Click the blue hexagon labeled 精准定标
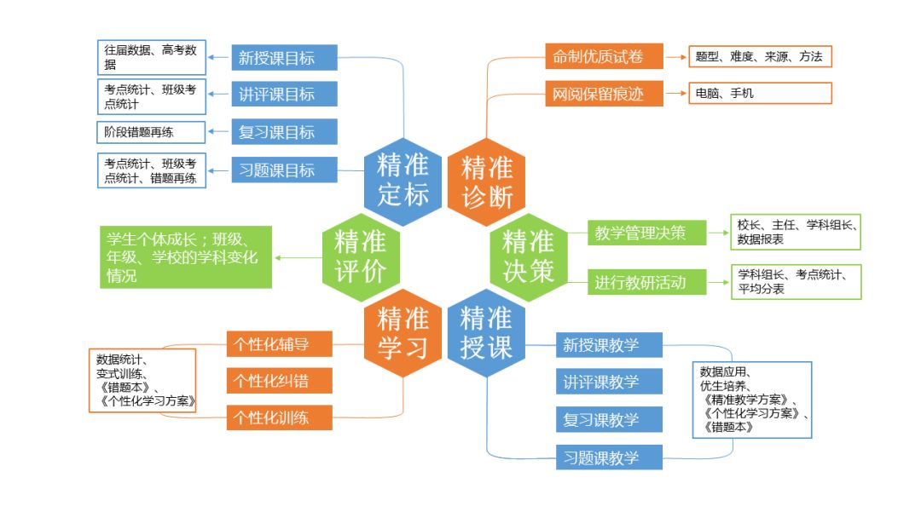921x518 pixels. pos(403,180)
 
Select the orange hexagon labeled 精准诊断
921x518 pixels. pos(487,181)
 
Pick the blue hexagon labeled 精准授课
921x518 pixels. pos(486,333)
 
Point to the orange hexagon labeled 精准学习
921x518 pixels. pos(403,333)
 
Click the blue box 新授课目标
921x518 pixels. pos(285,58)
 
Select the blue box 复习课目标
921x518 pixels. pos(285,132)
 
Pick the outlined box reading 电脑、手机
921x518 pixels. pos(760,94)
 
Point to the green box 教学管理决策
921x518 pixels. pos(647,232)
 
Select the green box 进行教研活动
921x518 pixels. pos(647,283)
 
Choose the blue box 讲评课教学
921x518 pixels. pos(608,382)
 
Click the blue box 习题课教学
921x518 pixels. pos(608,457)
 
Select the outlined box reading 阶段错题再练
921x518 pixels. pos(151,132)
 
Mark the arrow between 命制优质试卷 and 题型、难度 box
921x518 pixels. pos(675,58)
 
